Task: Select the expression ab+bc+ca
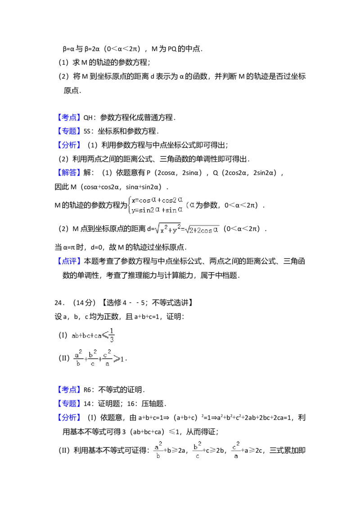[86, 335]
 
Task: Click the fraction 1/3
[111, 335]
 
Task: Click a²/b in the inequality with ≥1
[78, 358]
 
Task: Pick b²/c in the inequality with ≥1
[92, 358]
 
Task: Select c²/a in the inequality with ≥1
[107, 358]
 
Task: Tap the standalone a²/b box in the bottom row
[158, 450]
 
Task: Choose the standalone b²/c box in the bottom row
[198, 450]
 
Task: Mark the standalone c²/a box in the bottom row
[237, 450]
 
